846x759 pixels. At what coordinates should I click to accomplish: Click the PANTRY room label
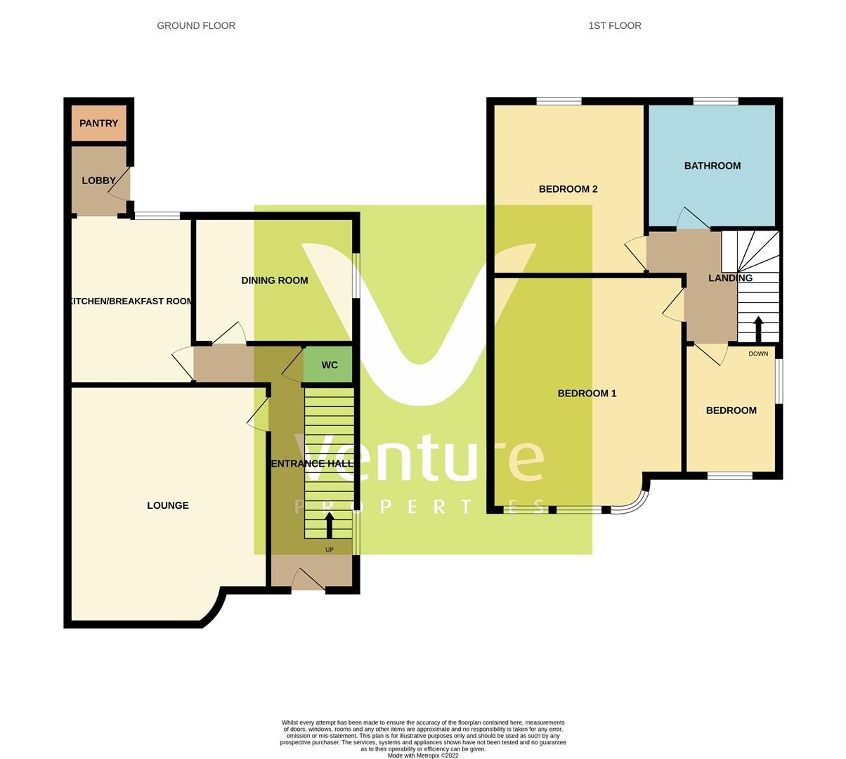pyautogui.click(x=98, y=124)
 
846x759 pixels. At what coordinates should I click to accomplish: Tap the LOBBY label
pyautogui.click(x=98, y=181)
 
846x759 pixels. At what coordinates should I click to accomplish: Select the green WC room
pyautogui.click(x=329, y=365)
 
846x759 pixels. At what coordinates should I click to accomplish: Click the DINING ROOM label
pyautogui.click(x=274, y=280)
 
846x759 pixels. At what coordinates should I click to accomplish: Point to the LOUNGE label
pyautogui.click(x=168, y=505)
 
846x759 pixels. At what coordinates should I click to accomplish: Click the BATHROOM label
pyautogui.click(x=712, y=166)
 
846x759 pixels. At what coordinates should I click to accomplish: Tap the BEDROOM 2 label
pyautogui.click(x=568, y=189)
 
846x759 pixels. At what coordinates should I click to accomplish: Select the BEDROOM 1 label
pyautogui.click(x=587, y=394)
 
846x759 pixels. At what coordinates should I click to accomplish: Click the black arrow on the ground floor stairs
pyautogui.click(x=329, y=526)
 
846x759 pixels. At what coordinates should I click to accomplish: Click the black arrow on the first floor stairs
pyautogui.click(x=758, y=329)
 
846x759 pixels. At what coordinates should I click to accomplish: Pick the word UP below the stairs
pyautogui.click(x=329, y=550)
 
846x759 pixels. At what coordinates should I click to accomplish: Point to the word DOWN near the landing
pyautogui.click(x=758, y=353)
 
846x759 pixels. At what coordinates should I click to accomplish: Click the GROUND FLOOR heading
pyautogui.click(x=196, y=26)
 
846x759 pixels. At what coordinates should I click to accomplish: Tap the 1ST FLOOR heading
pyautogui.click(x=615, y=26)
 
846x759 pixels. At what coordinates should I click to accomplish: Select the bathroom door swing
pyautogui.click(x=692, y=219)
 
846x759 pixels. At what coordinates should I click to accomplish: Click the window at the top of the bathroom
pyautogui.click(x=715, y=102)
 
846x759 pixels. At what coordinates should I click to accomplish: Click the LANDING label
pyautogui.click(x=730, y=278)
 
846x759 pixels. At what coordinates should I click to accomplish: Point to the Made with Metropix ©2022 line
pyautogui.click(x=423, y=755)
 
